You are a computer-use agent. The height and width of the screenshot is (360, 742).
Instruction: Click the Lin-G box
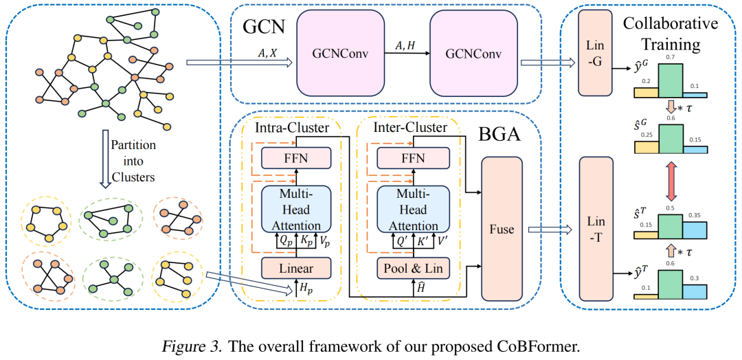point(596,61)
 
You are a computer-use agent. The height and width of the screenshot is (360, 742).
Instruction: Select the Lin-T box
point(596,230)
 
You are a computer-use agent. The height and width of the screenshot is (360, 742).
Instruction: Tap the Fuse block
point(502,229)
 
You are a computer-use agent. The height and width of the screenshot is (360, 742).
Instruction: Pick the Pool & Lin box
point(413,268)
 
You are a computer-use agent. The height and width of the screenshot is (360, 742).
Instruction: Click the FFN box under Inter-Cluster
point(413,157)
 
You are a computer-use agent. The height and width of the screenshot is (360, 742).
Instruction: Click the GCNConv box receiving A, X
point(340,54)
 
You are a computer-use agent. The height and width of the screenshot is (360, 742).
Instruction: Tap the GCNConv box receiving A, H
point(474,54)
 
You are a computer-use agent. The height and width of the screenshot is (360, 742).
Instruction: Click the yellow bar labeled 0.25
point(647,147)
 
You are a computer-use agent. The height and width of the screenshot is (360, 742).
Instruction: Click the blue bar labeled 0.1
point(695,95)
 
